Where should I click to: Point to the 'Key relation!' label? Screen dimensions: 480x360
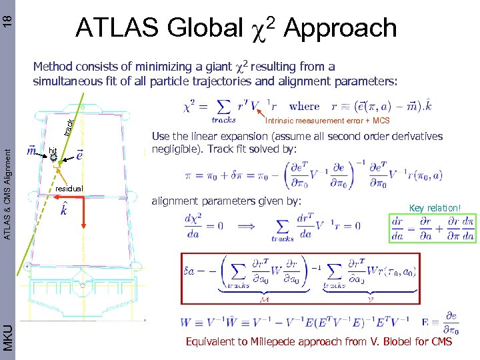click(435, 208)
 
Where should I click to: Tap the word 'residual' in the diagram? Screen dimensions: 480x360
click(69, 189)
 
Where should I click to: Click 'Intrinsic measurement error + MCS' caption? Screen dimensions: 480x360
click(327, 121)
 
